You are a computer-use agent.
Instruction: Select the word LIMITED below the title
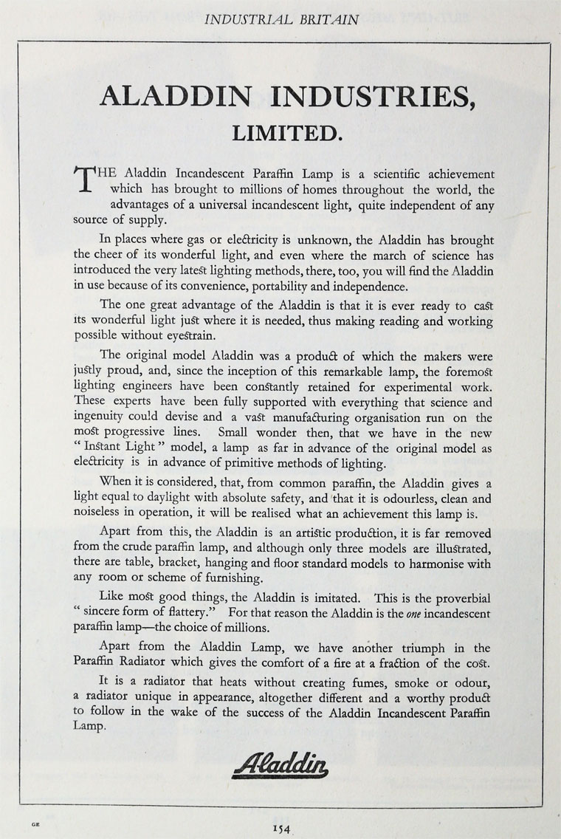click(286, 133)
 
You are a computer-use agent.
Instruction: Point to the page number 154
click(281, 829)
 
